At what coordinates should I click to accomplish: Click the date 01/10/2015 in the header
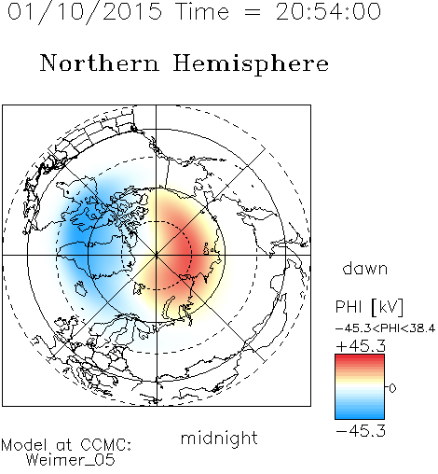(85, 12)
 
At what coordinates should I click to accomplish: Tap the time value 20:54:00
(328, 11)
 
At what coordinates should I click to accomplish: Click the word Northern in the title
(100, 63)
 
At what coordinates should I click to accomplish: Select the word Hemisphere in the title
(251, 64)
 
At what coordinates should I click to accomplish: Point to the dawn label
(365, 268)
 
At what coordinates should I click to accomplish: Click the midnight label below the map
(219, 438)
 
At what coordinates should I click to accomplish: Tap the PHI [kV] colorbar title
(370, 307)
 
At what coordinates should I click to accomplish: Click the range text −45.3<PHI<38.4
(385, 328)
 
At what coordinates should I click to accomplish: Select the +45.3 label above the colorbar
(361, 345)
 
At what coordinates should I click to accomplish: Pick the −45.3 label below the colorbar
(361, 431)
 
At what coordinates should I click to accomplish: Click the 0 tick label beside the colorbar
(392, 388)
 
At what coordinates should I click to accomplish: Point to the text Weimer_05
(71, 459)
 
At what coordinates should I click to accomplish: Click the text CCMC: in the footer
(106, 445)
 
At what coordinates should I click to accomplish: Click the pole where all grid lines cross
(157, 255)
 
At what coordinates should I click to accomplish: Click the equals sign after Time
(253, 12)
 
